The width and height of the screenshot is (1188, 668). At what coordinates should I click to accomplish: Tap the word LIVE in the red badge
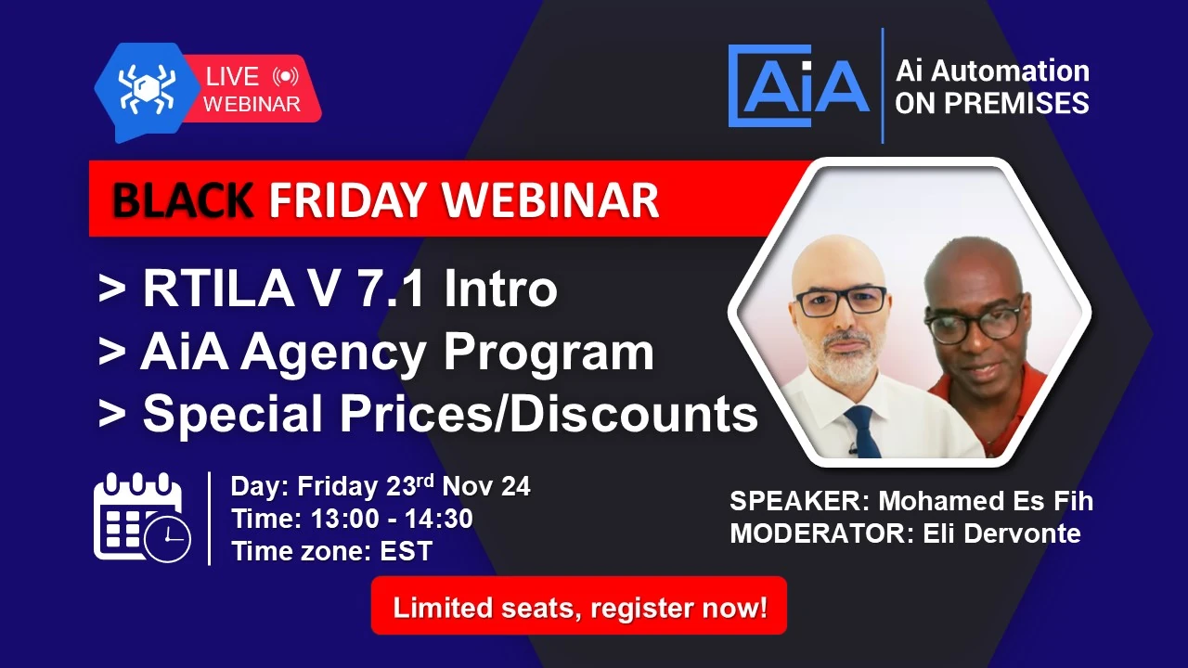232,77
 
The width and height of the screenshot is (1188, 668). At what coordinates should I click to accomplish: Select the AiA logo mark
799,84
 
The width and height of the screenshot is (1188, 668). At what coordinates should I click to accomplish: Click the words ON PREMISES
991,103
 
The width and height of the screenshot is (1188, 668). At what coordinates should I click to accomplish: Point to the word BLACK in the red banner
183,199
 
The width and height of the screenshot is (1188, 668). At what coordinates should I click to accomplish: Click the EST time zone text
407,551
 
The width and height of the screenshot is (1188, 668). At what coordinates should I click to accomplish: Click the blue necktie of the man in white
862,431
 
